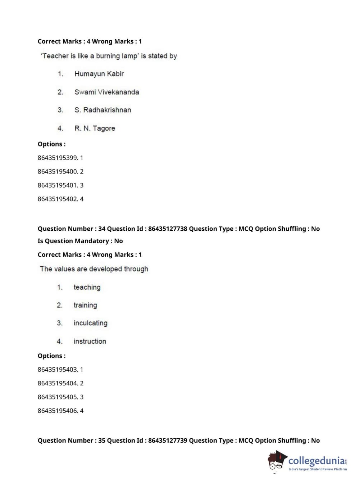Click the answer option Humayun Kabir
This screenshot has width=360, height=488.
99,74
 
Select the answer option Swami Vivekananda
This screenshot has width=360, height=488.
106,92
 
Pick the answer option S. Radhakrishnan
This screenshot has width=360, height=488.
102,110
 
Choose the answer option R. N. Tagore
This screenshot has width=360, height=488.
95,128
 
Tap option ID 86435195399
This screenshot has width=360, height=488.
58,158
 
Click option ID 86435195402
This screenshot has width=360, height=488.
58,199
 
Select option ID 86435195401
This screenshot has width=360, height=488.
58,185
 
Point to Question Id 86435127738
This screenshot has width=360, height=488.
168,229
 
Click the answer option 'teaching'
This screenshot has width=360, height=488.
87,287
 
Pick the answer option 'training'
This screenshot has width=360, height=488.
85,305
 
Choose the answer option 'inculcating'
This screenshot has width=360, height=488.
90,323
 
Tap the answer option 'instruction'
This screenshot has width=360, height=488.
90,341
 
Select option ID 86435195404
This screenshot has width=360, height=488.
58,383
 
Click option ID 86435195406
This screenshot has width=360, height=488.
58,411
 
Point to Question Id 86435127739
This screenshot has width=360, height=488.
168,440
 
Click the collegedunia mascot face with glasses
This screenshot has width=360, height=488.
276,462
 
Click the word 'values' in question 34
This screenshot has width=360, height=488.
64,269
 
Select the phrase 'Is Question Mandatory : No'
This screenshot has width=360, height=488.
80,241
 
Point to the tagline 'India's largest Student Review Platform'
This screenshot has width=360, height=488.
318,469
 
